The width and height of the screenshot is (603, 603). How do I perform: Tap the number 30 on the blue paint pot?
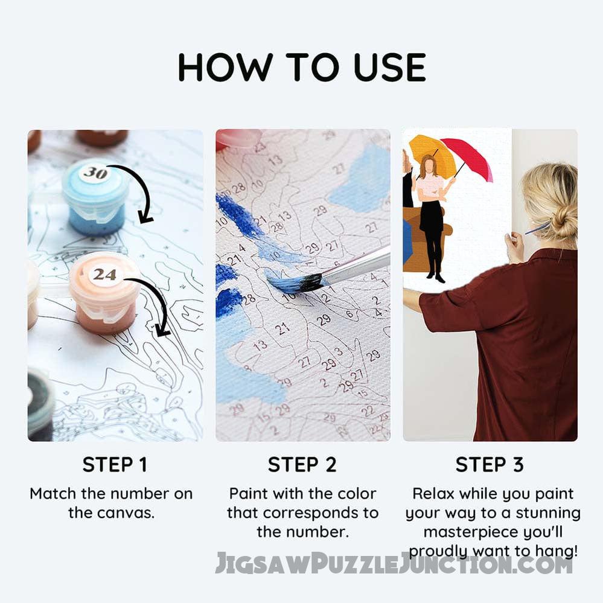[x=95, y=173]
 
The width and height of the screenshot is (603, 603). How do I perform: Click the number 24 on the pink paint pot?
[x=104, y=275]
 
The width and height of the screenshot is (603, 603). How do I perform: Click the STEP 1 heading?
[x=114, y=465]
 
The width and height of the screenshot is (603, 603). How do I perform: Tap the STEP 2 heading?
[x=302, y=465]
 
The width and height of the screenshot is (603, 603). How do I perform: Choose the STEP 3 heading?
[x=490, y=465]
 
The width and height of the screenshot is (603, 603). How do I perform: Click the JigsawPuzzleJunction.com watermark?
[x=393, y=564]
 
